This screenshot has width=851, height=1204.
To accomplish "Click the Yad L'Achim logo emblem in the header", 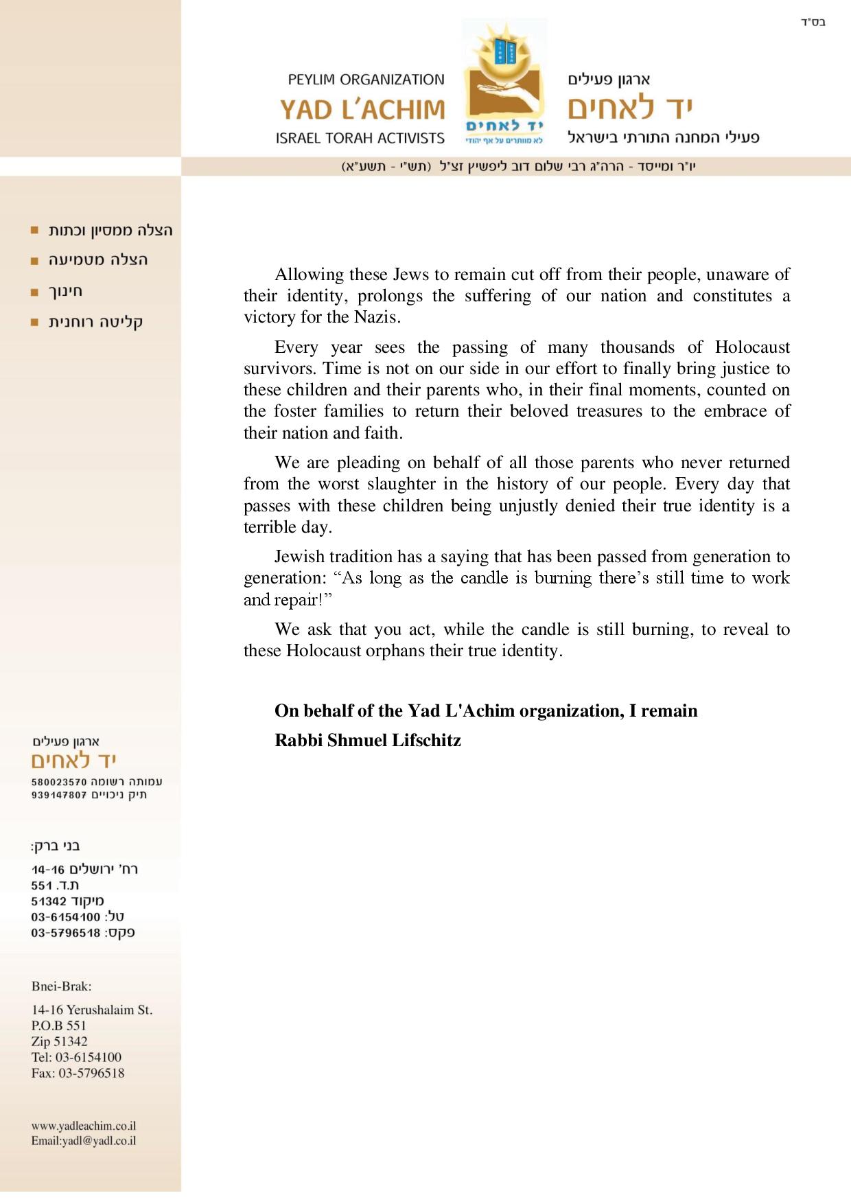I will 504,82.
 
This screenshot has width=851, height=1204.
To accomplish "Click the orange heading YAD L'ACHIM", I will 362,109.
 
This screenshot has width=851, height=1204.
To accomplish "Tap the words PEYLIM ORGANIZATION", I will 366,80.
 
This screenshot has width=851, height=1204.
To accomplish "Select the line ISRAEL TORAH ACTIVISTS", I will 360,138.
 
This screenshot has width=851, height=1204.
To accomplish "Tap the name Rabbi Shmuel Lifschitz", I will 367,740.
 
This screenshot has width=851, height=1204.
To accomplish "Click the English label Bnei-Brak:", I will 61,986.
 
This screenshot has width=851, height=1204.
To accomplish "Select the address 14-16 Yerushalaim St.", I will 92,1010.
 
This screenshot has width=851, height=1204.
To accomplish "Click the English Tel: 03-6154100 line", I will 76,1057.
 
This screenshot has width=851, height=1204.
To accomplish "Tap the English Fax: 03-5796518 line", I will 78,1073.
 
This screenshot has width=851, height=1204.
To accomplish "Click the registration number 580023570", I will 59,782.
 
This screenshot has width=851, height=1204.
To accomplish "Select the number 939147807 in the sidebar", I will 59,796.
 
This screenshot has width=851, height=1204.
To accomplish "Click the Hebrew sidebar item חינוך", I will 66,291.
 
